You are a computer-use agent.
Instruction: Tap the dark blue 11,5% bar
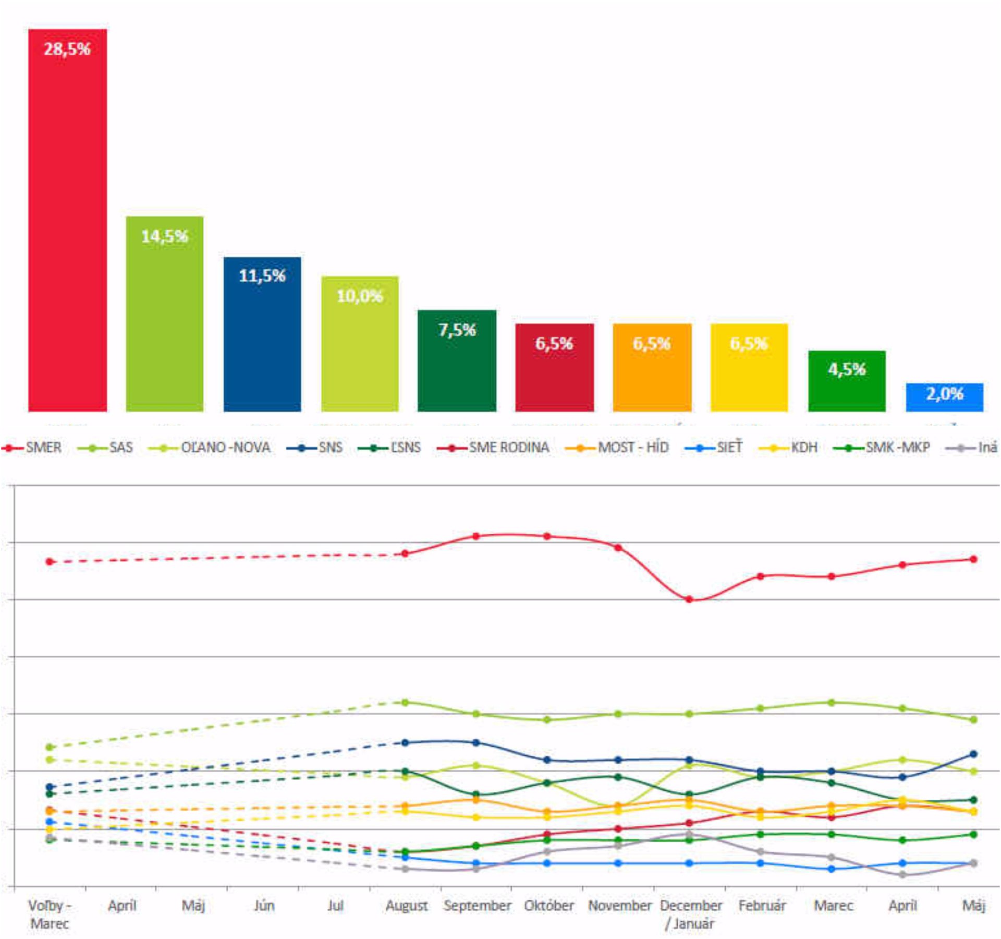[x=262, y=334]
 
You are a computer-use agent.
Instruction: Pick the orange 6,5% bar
[x=652, y=368]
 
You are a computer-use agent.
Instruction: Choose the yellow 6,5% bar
[x=749, y=368]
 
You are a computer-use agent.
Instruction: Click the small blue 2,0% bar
[x=944, y=398]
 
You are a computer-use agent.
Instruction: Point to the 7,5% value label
[x=457, y=330]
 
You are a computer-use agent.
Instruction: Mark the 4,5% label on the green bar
[x=847, y=369]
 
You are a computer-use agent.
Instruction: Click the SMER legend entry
[x=32, y=448]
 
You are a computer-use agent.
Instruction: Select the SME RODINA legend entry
[x=493, y=448]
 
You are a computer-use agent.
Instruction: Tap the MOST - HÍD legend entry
[x=617, y=448]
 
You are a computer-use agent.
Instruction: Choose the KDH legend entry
[x=788, y=448]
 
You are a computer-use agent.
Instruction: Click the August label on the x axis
[x=406, y=906]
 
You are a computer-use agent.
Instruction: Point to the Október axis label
[x=548, y=906]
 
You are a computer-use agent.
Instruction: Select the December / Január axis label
[x=690, y=914]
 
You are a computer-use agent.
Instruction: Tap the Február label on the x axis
[x=761, y=906]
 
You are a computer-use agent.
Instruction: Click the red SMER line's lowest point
[x=689, y=599]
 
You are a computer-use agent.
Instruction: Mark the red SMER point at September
[x=476, y=536]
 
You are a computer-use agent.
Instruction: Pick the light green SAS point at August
[x=405, y=703]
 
